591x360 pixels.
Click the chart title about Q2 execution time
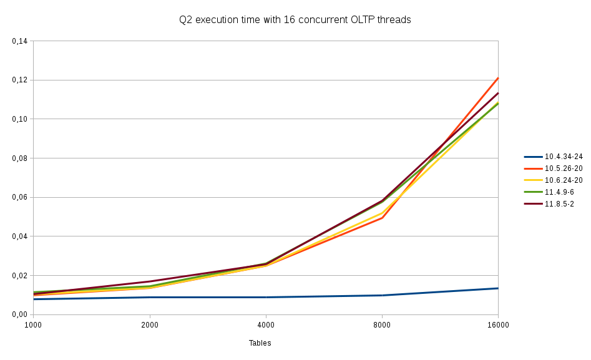295,20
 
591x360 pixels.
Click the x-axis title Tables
260,343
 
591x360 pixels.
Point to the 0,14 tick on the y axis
20,41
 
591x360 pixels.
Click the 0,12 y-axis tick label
20,80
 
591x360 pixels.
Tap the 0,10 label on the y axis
20,119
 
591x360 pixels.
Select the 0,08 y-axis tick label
20,158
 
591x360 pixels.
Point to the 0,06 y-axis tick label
20,197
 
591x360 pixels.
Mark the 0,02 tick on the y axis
20,276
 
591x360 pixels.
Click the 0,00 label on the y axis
20,314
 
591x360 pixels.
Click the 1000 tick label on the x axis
33,324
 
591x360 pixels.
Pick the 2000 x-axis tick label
149,324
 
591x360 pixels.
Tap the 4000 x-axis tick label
266,324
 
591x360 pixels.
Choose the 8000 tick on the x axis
382,324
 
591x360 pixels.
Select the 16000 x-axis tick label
498,324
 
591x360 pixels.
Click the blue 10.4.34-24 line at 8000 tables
382,295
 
